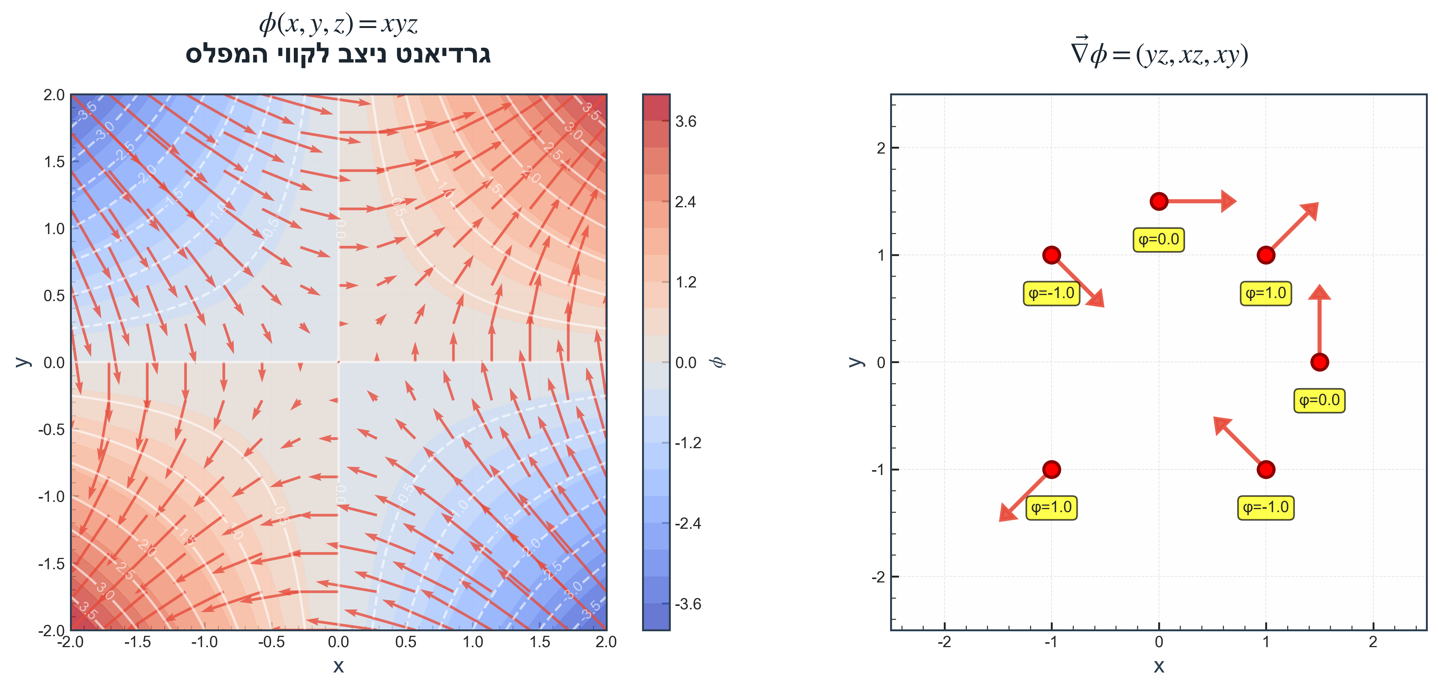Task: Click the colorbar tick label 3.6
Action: pyautogui.click(x=686, y=122)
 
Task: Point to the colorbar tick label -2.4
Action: pyautogui.click(x=687, y=523)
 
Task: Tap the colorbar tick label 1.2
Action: pyautogui.click(x=686, y=282)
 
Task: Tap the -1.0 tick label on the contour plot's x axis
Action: pyautogui.click(x=204, y=642)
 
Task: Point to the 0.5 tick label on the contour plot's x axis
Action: pyautogui.click(x=406, y=642)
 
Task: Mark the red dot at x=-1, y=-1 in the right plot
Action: pyautogui.click(x=1052, y=470)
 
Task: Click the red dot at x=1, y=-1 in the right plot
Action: pyautogui.click(x=1266, y=470)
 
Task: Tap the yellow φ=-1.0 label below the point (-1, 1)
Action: pyautogui.click(x=1051, y=293)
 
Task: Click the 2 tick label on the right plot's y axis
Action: pyautogui.click(x=881, y=148)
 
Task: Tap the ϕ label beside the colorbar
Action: pyautogui.click(x=718, y=362)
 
